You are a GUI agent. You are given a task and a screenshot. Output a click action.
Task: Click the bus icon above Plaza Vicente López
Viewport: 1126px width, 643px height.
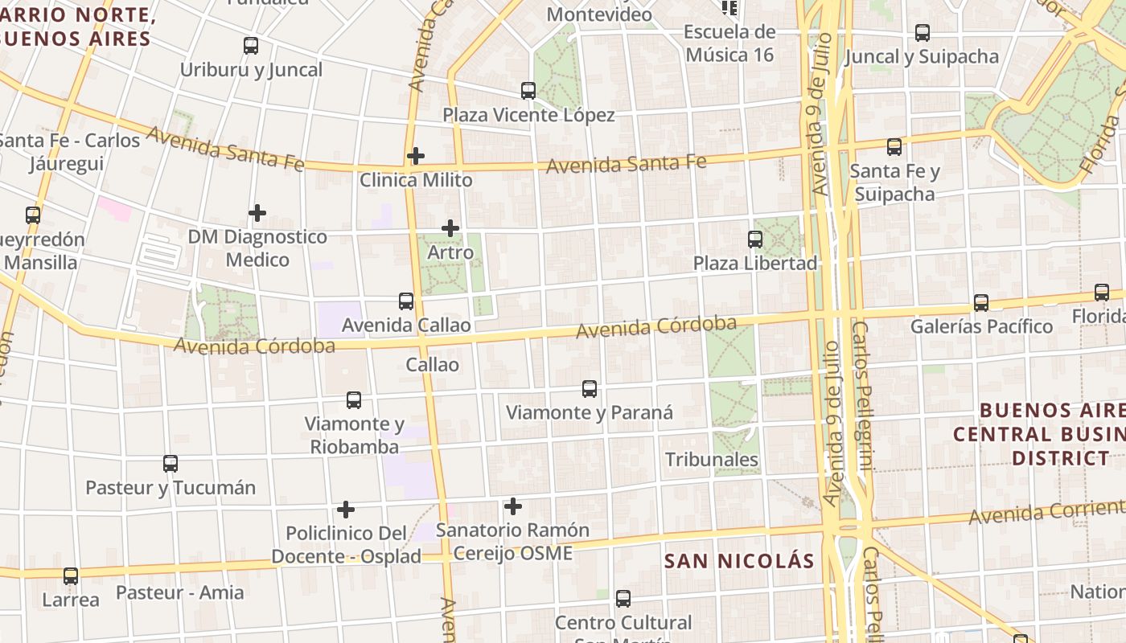point(528,91)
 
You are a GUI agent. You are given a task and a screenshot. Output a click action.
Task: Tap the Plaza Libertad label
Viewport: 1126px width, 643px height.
point(755,263)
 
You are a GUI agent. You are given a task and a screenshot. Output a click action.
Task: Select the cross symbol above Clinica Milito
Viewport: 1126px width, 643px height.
point(416,155)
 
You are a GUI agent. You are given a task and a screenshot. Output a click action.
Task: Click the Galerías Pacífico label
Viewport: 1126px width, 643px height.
point(981,326)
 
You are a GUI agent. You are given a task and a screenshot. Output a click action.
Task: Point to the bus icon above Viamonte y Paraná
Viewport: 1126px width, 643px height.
point(590,389)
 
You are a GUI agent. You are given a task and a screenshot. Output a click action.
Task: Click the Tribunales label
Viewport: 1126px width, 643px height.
point(712,459)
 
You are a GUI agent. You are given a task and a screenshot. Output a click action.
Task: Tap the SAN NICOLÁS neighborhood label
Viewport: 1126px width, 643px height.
point(739,561)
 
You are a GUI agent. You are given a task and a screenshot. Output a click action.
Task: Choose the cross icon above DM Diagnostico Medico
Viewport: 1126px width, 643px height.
point(257,213)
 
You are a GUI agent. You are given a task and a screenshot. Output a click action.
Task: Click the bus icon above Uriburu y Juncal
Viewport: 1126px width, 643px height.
point(251,46)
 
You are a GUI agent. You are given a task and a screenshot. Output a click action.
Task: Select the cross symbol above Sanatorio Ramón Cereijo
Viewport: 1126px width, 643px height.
point(513,506)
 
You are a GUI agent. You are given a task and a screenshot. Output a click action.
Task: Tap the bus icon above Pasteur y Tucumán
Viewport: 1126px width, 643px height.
point(171,464)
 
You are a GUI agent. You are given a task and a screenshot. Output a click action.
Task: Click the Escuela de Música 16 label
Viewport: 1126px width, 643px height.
point(729,43)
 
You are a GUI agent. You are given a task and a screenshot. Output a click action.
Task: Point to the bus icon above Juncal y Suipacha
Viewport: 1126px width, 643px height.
point(923,33)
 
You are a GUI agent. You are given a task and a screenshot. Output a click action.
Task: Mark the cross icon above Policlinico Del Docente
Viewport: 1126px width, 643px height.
point(346,510)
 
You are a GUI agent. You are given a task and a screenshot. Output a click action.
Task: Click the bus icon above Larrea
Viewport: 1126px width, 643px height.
point(71,576)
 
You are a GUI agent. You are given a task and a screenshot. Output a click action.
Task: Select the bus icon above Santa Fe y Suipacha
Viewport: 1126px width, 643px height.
point(894,147)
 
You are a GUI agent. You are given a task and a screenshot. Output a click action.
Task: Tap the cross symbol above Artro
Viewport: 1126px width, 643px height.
point(450,228)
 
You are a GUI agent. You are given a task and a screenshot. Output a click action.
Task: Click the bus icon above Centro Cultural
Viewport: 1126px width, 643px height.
point(623,599)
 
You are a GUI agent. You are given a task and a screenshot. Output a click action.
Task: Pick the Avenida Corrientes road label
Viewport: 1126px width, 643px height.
point(1046,512)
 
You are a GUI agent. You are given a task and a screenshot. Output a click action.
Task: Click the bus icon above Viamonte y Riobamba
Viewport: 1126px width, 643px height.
point(354,400)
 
